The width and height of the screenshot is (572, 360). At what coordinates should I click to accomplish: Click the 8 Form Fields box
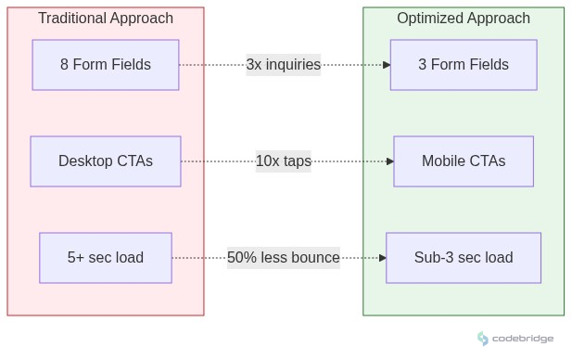pos(105,65)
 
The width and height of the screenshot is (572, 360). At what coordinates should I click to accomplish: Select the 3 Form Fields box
pos(463,65)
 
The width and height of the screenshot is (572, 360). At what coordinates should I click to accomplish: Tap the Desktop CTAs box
pos(105,161)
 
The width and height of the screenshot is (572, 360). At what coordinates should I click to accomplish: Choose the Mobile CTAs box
pos(463,161)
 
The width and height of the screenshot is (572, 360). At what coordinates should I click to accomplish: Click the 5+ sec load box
pos(105,258)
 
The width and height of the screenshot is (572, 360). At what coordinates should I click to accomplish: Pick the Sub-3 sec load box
pos(463,258)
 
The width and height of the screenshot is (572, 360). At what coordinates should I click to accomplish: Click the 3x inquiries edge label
pos(283,65)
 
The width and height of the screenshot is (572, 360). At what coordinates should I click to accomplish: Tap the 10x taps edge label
pos(283,161)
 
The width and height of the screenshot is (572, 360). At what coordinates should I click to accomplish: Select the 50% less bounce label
pos(283,258)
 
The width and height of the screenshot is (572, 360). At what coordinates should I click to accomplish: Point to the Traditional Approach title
pos(105,19)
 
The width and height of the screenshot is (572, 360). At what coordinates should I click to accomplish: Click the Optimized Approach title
pos(463,19)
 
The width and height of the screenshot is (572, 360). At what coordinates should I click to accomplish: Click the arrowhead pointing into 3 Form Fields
pos(387,65)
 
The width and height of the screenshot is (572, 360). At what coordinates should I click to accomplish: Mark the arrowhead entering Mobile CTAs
pos(390,161)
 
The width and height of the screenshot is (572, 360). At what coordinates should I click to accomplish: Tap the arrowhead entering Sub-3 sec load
pos(383,258)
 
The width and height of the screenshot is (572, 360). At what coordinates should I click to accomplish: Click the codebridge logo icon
pos(483,339)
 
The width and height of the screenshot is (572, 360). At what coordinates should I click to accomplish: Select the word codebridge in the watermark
pos(523,339)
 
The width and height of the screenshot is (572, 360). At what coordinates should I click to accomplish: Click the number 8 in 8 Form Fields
pos(65,65)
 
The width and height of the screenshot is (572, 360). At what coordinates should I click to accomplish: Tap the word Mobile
pos(444,161)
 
